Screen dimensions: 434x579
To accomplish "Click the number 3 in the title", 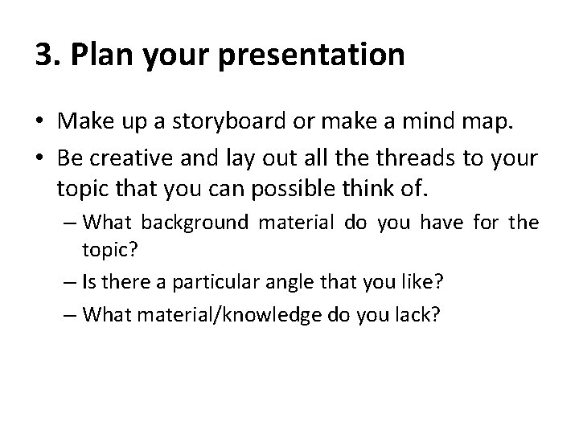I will pos(44,55).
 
